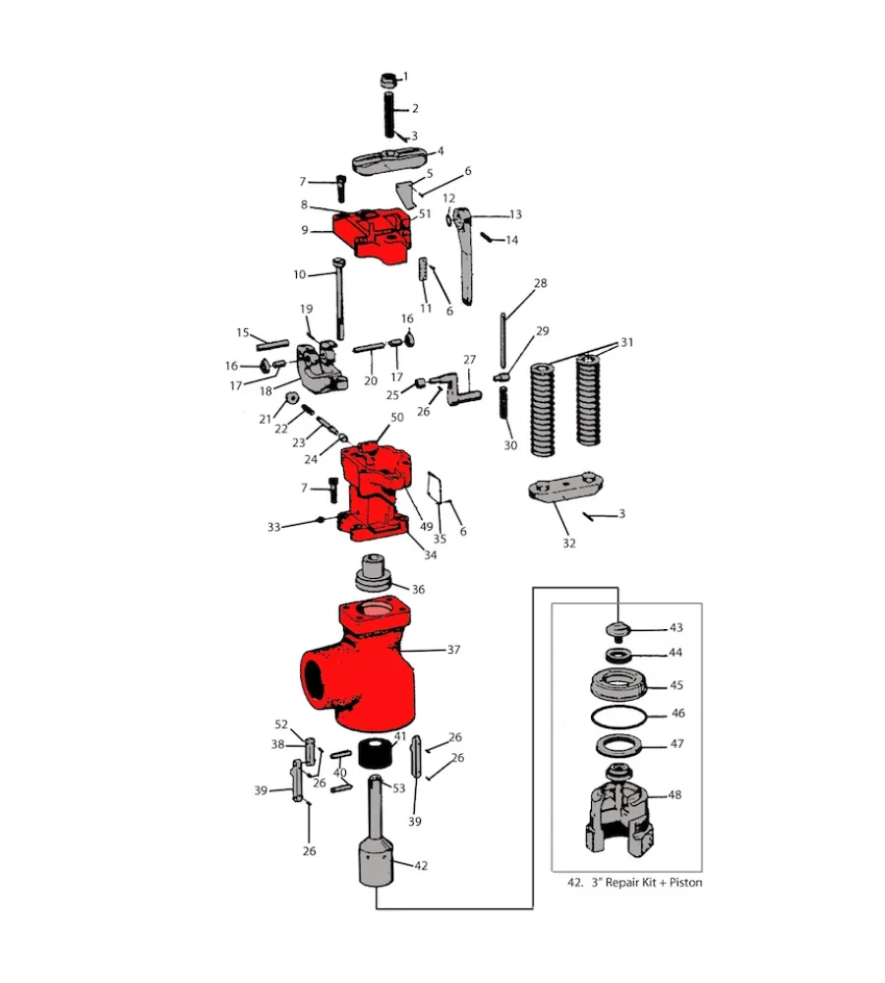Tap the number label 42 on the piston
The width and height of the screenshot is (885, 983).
(421, 866)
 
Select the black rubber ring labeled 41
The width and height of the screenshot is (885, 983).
(373, 755)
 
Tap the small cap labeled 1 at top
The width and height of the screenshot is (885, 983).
(388, 79)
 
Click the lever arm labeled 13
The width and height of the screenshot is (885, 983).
(470, 256)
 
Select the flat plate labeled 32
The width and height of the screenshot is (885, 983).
(564, 489)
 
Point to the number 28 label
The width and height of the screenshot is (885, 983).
(540, 284)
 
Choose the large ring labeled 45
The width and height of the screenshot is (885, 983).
(620, 682)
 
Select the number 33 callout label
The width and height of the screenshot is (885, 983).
(274, 527)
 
